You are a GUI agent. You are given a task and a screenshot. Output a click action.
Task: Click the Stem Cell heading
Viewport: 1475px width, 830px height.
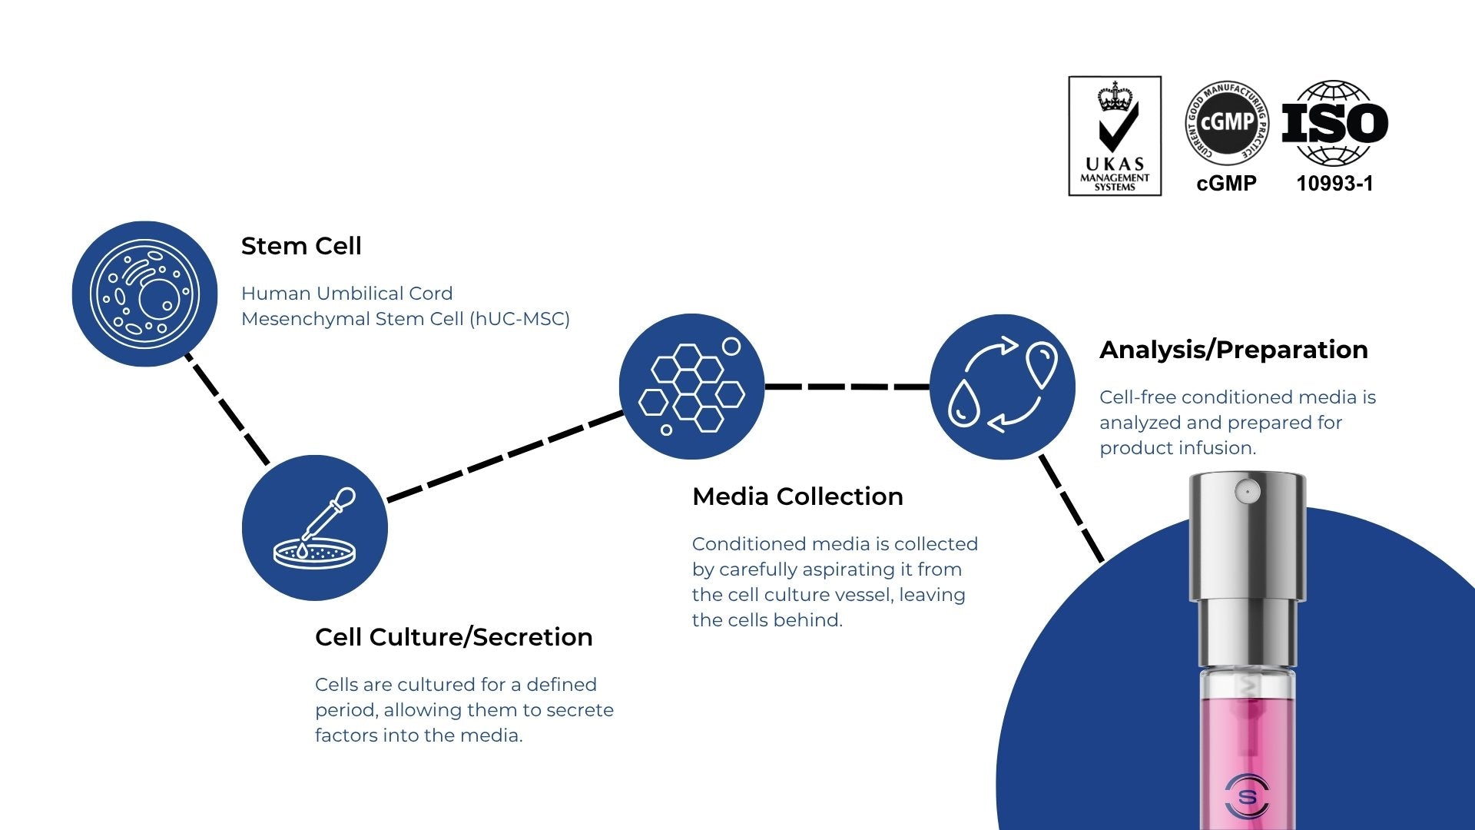300,246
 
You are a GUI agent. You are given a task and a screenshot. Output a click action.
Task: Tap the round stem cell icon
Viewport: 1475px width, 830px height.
144,294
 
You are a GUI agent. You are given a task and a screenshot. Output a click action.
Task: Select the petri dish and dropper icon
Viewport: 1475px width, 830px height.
314,528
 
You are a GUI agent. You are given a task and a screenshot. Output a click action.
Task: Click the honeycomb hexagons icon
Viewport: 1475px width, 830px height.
691,387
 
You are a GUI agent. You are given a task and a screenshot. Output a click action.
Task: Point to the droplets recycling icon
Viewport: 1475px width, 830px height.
1002,387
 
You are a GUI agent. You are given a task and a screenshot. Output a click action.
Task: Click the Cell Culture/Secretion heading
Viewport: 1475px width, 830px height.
453,637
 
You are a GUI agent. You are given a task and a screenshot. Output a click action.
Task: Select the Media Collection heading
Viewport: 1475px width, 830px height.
797,496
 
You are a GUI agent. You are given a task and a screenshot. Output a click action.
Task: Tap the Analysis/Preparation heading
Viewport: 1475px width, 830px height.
1233,350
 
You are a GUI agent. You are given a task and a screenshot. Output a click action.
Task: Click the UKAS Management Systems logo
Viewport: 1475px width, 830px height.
1114,136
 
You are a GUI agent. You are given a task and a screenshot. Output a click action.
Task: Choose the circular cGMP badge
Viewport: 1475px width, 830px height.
1227,123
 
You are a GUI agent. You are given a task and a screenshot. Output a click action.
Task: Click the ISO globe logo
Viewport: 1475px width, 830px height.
1334,123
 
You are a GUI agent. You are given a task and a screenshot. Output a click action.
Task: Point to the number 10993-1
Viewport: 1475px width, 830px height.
1334,184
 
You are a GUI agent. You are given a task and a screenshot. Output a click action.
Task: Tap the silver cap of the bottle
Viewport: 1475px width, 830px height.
1247,538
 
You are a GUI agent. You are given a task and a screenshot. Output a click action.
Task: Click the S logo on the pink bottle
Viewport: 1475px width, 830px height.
1247,796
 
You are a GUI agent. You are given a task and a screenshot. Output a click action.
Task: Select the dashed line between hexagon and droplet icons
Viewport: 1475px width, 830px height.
847,387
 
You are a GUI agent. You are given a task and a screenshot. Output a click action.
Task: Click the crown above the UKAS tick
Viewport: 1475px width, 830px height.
1115,98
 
